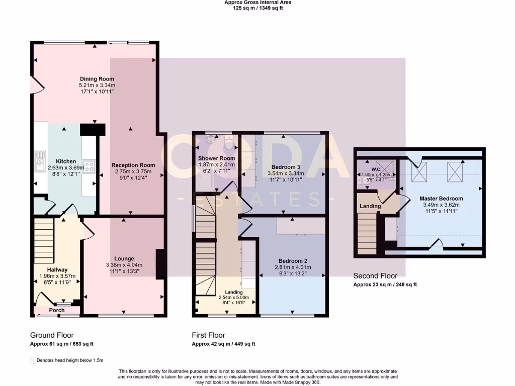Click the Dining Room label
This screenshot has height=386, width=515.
97,79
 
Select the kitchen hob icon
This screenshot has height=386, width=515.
90,166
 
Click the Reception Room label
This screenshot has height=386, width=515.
133,165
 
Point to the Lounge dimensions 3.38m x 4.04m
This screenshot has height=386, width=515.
124,265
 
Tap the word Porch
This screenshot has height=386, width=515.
57,310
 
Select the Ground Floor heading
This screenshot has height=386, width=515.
52,335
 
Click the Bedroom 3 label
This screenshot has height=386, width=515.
286,167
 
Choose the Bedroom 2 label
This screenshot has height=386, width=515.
293,261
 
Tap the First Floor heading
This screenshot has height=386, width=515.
208,335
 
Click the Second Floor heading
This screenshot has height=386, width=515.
375,276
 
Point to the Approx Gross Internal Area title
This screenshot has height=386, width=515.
257,3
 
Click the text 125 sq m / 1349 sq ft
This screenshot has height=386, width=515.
257,9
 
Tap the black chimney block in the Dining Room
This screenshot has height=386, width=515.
93,129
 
